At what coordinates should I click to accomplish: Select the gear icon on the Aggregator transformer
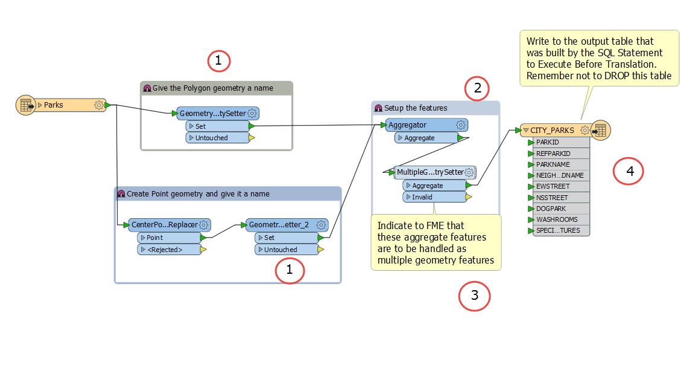tap(461, 125)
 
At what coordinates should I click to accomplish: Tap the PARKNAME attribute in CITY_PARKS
tap(553, 164)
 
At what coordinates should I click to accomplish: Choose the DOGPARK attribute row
tap(551, 209)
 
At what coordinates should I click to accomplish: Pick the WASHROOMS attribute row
tap(556, 219)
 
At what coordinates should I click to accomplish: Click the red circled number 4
tap(629, 172)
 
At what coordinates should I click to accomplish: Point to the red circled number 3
tap(474, 296)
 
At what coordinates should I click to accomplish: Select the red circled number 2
tap(477, 89)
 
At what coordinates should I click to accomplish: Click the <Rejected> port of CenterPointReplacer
tap(168, 249)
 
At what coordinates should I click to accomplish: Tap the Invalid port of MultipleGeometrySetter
tap(434, 197)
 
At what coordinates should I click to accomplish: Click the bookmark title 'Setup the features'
tap(416, 108)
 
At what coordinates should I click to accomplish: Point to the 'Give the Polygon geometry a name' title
tap(212, 88)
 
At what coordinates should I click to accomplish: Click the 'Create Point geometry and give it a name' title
tap(198, 194)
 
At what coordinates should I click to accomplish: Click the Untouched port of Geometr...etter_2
tap(286, 249)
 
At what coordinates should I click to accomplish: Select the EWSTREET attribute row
tap(553, 186)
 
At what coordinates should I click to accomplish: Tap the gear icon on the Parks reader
tap(99, 105)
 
